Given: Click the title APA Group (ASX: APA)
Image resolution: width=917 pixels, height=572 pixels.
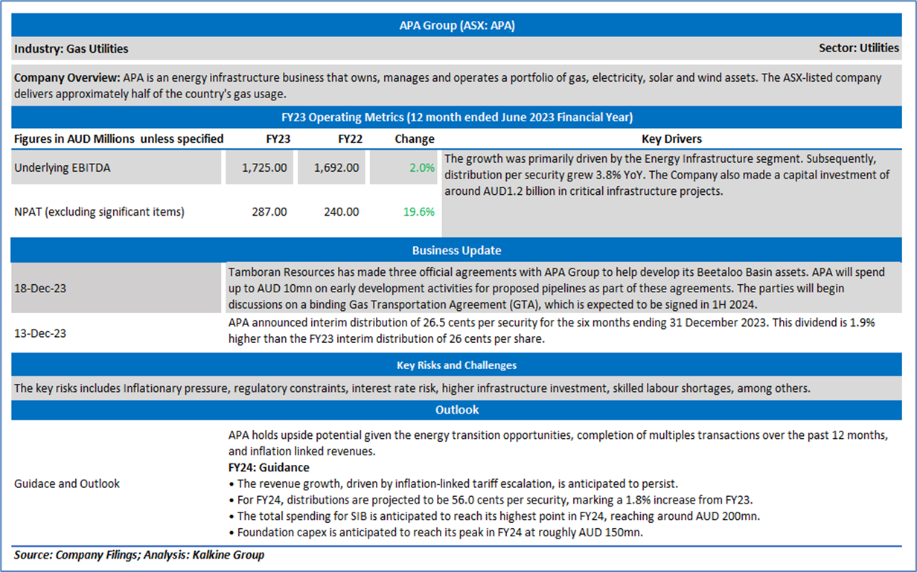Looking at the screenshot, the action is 457,25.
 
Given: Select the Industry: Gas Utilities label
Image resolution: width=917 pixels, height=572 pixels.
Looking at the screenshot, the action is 71,48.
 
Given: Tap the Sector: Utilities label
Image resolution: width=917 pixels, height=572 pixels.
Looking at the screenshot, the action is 858,48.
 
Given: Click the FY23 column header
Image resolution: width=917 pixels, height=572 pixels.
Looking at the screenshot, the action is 278,139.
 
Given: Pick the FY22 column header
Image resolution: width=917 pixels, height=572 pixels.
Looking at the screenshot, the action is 350,139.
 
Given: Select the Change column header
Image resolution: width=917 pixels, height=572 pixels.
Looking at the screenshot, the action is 415,139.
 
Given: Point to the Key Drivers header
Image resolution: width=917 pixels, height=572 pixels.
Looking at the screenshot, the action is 672,139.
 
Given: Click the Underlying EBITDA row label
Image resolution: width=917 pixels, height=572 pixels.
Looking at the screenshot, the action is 63,168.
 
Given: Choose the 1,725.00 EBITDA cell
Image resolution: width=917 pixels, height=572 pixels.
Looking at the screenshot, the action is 264,168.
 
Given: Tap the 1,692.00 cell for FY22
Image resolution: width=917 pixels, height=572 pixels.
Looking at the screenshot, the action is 336,168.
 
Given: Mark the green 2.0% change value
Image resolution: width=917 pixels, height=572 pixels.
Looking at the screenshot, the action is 422,168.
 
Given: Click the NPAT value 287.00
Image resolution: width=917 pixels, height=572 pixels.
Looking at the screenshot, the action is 269,212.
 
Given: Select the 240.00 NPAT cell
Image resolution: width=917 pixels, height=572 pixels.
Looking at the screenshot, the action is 342,212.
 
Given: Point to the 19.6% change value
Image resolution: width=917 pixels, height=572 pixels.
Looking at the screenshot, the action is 419,212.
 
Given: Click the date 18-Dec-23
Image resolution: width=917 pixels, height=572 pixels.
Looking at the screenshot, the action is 40,289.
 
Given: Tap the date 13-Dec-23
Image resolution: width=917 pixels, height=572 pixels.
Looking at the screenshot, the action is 40,333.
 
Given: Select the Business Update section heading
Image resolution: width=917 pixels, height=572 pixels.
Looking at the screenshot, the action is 456,251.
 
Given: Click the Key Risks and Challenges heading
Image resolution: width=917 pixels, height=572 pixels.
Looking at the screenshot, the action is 456,365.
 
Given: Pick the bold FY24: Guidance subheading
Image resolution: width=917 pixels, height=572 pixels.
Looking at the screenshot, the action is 269,468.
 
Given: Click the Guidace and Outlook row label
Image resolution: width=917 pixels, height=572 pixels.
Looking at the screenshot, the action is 67,483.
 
